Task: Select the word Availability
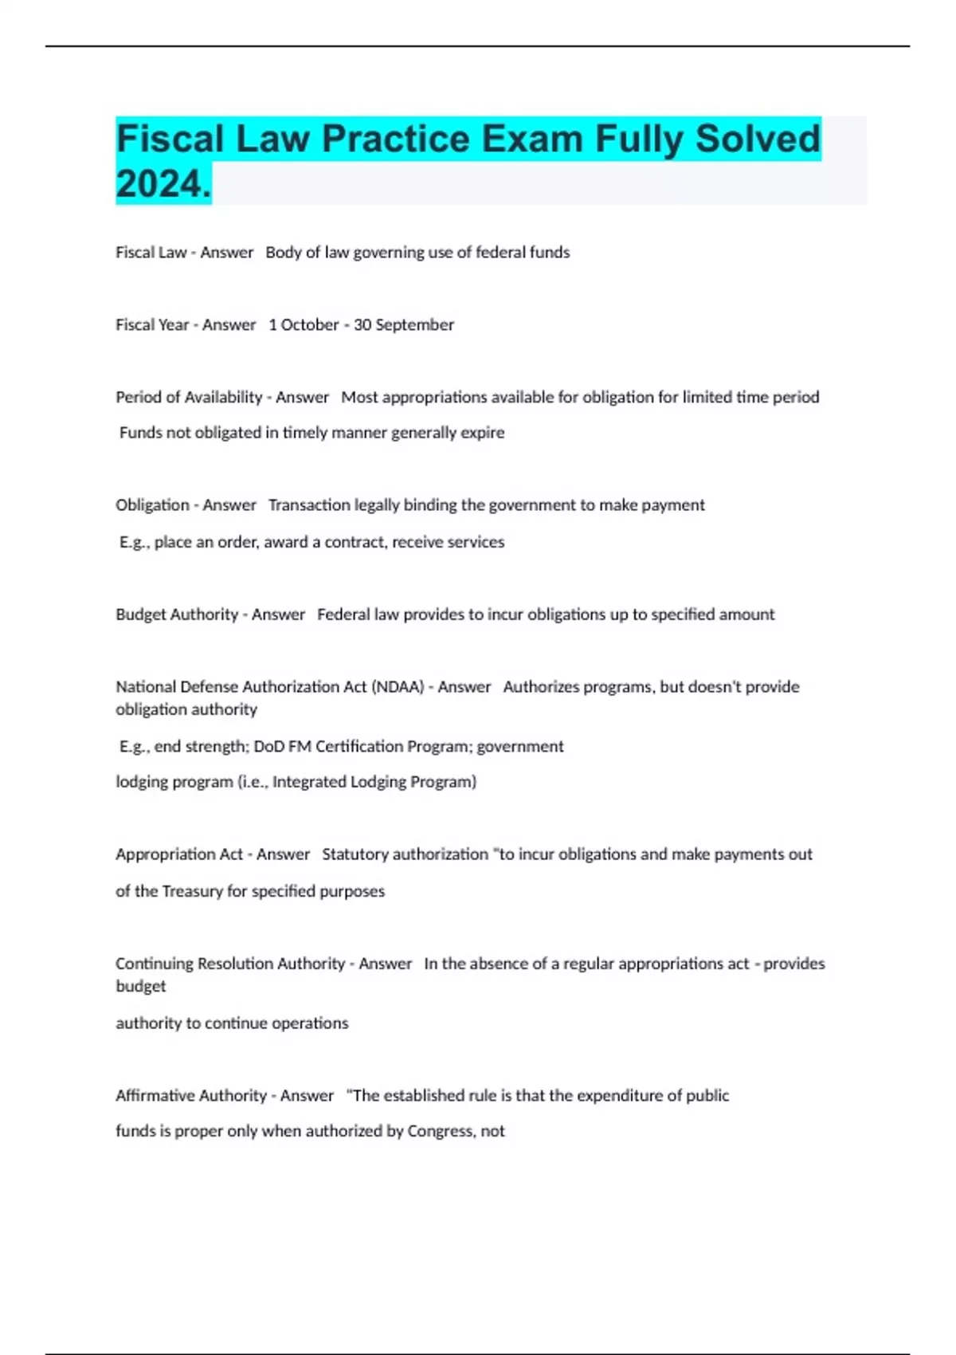tap(223, 397)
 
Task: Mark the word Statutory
tap(355, 854)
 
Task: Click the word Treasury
tap(192, 891)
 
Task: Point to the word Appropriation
tap(179, 854)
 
